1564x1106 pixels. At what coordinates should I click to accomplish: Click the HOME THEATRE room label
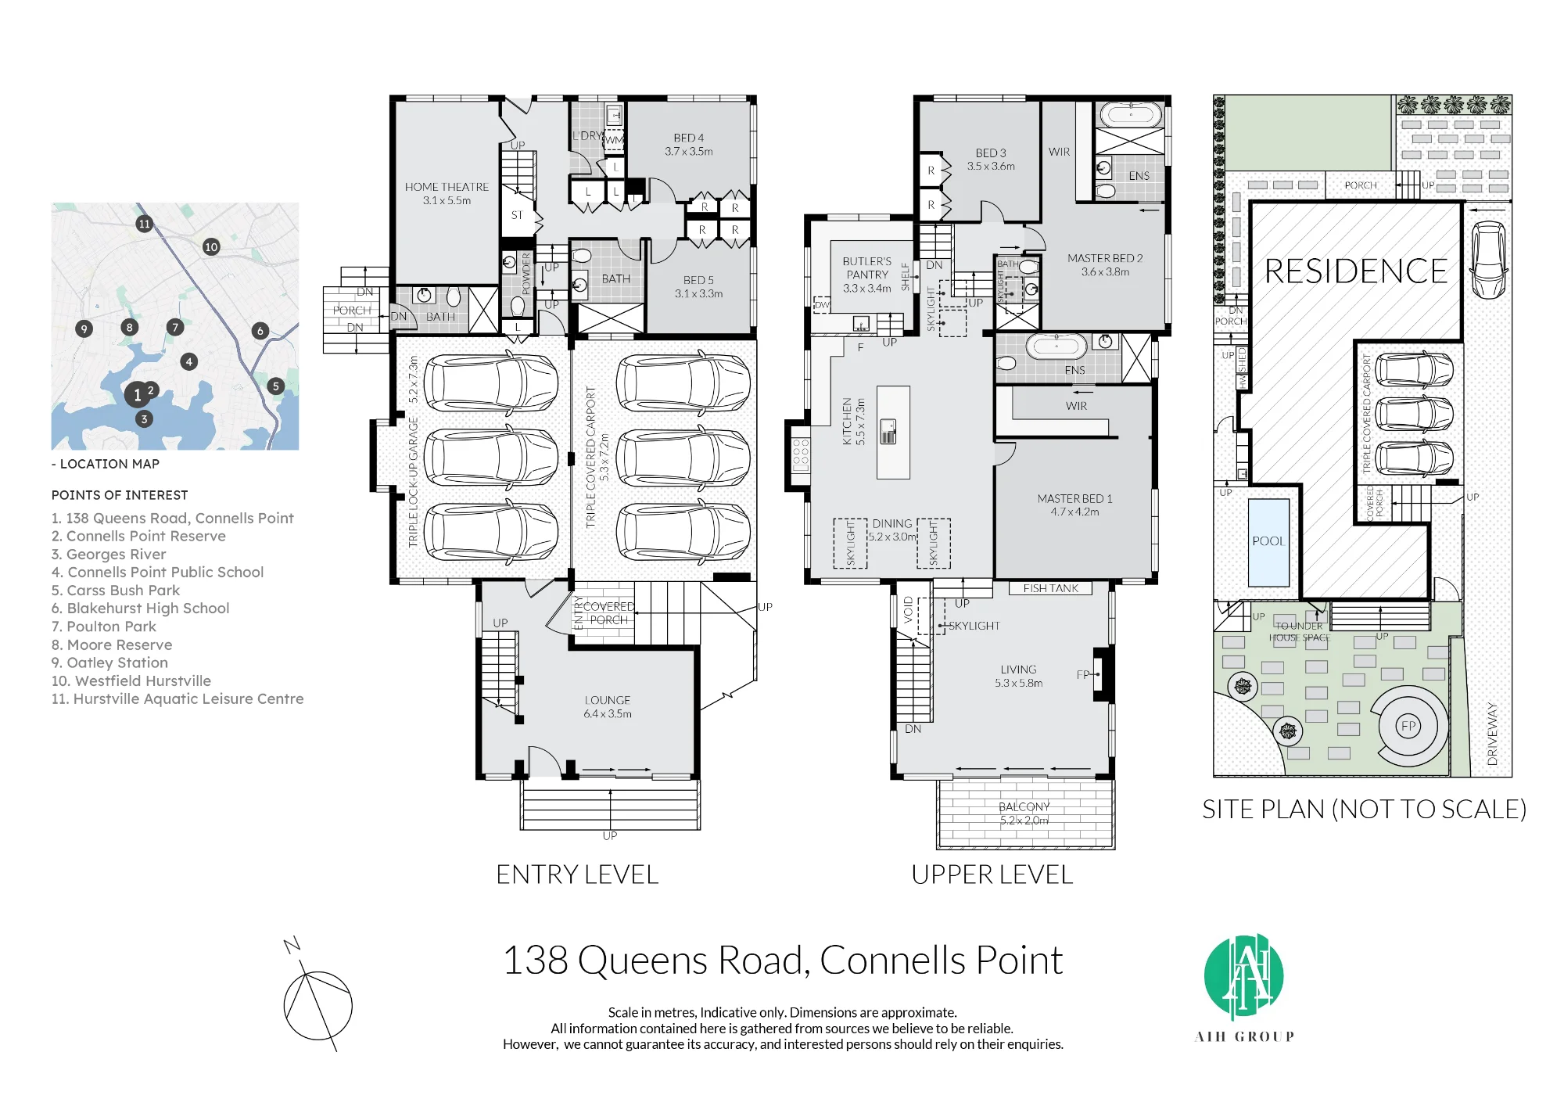(x=447, y=187)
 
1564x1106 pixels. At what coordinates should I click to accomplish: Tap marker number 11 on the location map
(x=144, y=224)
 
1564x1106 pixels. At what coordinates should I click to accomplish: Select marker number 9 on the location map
(x=84, y=329)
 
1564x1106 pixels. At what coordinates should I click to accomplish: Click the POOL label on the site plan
(x=1268, y=541)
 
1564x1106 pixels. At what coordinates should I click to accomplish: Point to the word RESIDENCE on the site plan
(x=1356, y=271)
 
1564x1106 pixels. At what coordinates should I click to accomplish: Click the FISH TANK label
(x=1050, y=588)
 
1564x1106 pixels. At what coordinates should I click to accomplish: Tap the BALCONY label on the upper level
(x=1024, y=806)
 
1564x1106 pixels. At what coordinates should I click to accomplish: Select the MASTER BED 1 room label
(x=1074, y=498)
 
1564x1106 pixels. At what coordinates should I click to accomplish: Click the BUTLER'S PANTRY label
(x=867, y=268)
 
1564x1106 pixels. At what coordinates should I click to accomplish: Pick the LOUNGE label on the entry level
(x=608, y=700)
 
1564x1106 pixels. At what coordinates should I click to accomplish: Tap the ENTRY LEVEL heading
(x=578, y=874)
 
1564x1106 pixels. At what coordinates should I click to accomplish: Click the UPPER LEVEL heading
(x=992, y=874)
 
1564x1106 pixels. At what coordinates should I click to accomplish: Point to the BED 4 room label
(x=689, y=138)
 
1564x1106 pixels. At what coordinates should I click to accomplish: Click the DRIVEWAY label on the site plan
(x=1493, y=734)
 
